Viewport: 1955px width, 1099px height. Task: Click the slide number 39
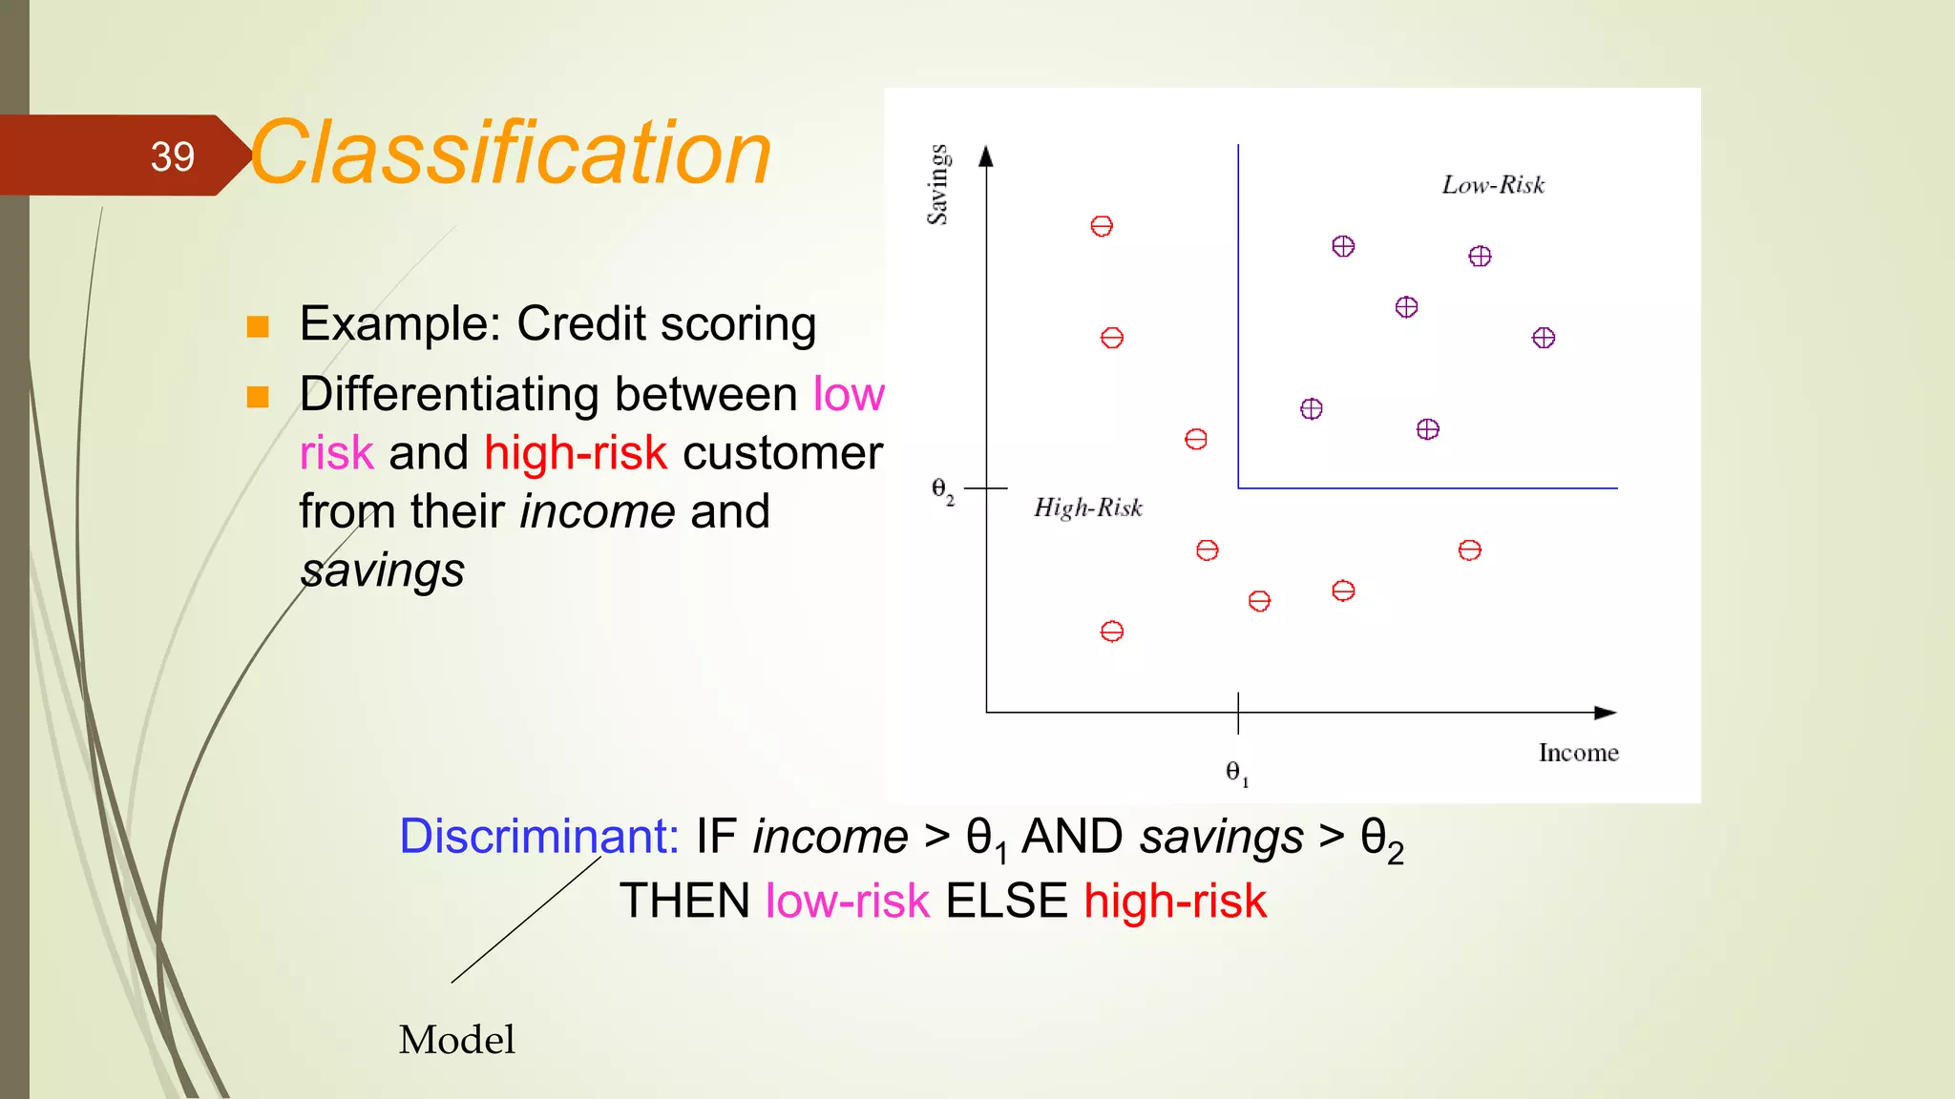172,156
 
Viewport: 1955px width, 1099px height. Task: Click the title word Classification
511,154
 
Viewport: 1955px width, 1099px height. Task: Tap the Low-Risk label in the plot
1493,185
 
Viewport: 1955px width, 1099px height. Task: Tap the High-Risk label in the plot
1088,508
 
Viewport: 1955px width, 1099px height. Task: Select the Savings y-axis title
938,184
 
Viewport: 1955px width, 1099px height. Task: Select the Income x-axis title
1578,753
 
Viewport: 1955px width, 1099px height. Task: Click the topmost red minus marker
1102,226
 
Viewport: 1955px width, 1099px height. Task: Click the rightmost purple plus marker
1544,338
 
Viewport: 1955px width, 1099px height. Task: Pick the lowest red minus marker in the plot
1112,632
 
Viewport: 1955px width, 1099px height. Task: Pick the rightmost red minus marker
1470,550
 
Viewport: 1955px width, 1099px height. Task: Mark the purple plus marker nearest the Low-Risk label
1480,257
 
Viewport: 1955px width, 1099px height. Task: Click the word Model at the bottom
456,1039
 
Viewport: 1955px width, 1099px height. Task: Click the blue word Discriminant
538,837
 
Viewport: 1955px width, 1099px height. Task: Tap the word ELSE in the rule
1006,902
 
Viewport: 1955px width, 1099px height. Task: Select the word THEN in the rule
684,902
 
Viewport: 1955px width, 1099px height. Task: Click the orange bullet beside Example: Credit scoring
258,327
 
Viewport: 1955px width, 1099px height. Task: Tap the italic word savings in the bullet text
382,570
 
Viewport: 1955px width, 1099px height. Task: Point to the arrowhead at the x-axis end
1607,713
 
